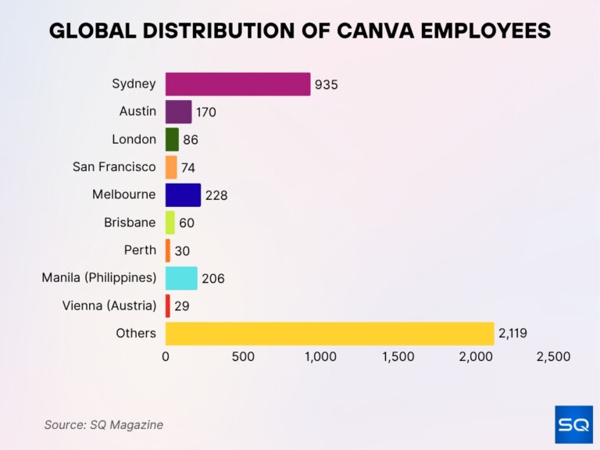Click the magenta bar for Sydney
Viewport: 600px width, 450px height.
[x=237, y=84]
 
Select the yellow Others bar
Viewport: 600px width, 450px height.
[x=329, y=334]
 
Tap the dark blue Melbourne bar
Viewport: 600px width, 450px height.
[x=183, y=195]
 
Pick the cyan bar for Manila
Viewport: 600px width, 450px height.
[x=181, y=278]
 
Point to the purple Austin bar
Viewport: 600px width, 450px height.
[x=178, y=112]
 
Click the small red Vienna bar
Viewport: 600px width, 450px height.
[x=167, y=305]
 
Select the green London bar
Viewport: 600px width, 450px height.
[x=172, y=139]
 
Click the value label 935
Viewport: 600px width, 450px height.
[x=326, y=84]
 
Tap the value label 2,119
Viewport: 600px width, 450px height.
[x=512, y=334]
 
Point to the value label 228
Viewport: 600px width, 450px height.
[x=216, y=195]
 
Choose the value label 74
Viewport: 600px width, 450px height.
[x=187, y=167]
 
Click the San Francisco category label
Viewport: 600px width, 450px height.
[x=114, y=166]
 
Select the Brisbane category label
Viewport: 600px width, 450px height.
[x=130, y=222]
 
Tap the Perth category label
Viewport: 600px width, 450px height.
[x=140, y=250]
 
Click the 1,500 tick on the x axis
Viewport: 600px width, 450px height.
[x=398, y=357]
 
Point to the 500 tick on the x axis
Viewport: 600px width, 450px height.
[x=243, y=357]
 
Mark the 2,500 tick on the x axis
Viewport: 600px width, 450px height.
[x=553, y=357]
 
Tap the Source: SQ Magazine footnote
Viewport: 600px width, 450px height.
[x=104, y=424]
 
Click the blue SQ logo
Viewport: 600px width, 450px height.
[x=573, y=424]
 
